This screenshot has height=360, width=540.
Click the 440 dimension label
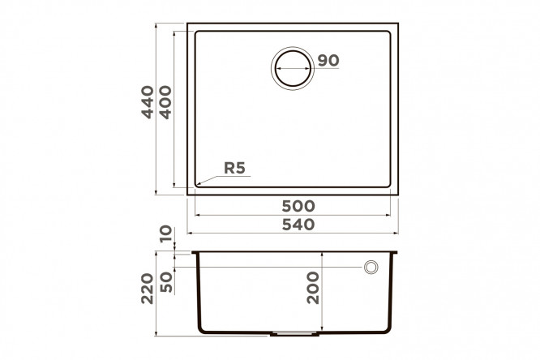click(x=148, y=102)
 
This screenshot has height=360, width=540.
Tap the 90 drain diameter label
click(x=328, y=61)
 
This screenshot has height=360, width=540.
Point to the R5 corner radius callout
click(x=234, y=168)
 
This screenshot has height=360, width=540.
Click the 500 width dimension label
click(x=298, y=207)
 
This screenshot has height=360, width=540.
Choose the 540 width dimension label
click(x=298, y=225)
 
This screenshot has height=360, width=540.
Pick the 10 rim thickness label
click(x=166, y=234)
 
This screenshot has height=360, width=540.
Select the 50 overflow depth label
click(x=166, y=282)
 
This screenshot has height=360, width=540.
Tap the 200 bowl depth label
click(x=313, y=288)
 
